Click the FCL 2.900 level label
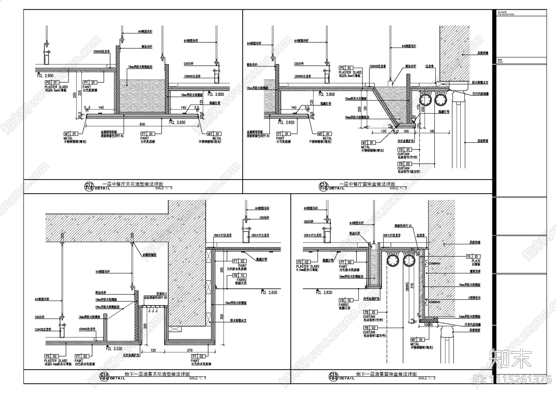pos(45,75)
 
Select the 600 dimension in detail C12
pos(142,124)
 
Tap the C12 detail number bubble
pos(89,186)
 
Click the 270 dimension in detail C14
pos(190,350)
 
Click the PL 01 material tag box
pos(473,256)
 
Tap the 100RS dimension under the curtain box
pos(428,325)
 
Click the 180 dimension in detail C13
pos(432,131)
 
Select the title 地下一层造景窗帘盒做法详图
pos(386,374)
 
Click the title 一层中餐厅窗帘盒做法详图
pos(367,184)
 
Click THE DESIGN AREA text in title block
pos(506,15)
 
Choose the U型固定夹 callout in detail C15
pos(474,298)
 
